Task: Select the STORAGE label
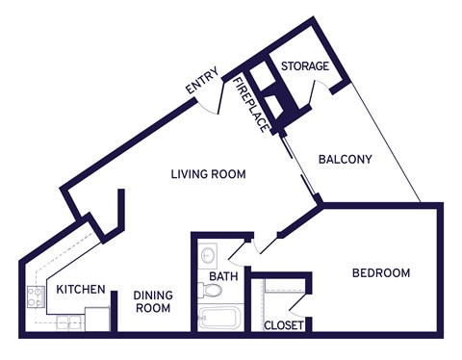[305, 66]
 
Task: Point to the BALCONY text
[345, 159]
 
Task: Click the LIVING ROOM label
[208, 175]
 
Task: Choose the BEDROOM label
[380, 273]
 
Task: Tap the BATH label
[222, 279]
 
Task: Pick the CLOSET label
[284, 326]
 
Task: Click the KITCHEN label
[79, 290]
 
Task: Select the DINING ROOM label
[152, 302]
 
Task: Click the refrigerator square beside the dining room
[97, 319]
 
